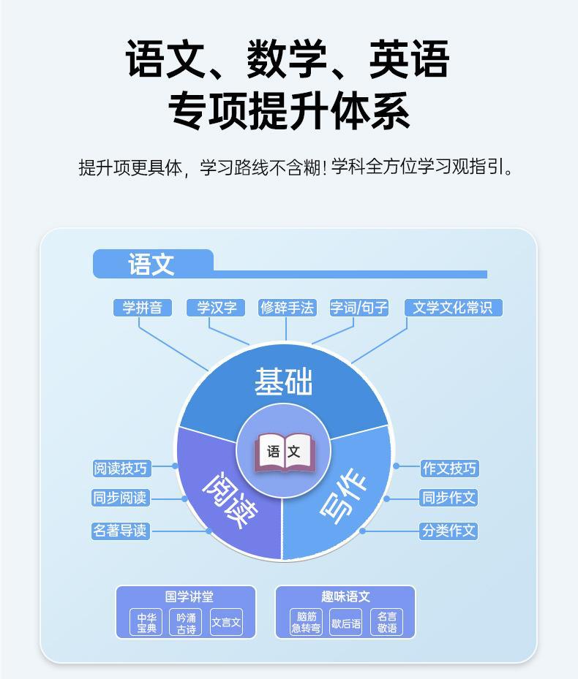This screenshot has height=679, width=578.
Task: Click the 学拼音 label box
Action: (143, 308)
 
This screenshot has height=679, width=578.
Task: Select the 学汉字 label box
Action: (216, 308)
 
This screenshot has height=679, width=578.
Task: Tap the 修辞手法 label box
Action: (287, 308)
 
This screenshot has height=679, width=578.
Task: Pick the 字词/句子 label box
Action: (359, 308)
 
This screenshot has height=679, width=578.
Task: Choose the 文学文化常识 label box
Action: (453, 308)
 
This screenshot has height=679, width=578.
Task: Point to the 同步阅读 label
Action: (121, 498)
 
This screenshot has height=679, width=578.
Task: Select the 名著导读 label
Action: (121, 531)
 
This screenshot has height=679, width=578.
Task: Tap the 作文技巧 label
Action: (449, 468)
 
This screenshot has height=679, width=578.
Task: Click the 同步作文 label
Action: (449, 498)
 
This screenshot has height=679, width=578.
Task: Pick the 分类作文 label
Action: (449, 531)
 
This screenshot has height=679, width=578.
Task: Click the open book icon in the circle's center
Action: (284, 452)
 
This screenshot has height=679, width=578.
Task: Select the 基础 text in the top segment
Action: (283, 382)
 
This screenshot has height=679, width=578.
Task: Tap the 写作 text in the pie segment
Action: (344, 500)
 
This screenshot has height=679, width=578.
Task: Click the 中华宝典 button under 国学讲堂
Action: (147, 623)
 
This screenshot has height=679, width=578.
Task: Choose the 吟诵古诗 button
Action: (186, 623)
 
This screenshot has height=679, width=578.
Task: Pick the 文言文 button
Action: (226, 623)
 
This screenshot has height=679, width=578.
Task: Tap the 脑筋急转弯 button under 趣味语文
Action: (306, 623)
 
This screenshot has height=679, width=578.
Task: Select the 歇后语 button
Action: (346, 623)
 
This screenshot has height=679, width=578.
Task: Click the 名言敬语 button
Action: (386, 623)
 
